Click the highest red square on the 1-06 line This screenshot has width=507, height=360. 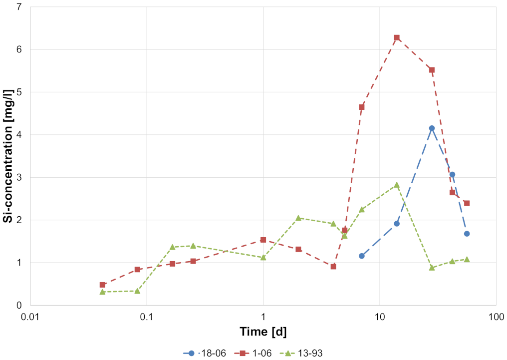(x=397, y=37)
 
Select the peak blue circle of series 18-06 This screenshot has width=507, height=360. (x=432, y=128)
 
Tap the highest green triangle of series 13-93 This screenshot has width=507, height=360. (x=397, y=185)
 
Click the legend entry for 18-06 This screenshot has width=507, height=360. (x=205, y=353)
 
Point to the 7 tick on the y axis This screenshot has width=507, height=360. (x=20, y=7)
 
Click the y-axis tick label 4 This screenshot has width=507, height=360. (x=20, y=135)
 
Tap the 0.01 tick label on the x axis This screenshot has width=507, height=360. (x=30, y=317)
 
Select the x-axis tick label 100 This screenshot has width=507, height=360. (x=496, y=317)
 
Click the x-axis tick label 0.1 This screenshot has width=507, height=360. (x=147, y=317)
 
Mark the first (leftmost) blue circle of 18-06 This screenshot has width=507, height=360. (x=362, y=256)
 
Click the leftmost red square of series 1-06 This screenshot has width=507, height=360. (x=102, y=285)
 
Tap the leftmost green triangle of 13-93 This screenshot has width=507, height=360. (x=102, y=292)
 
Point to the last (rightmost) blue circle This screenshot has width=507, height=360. (x=467, y=234)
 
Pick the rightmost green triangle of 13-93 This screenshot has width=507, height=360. (x=467, y=259)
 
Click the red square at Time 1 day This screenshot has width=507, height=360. (x=263, y=240)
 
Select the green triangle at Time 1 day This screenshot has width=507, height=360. (x=263, y=257)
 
